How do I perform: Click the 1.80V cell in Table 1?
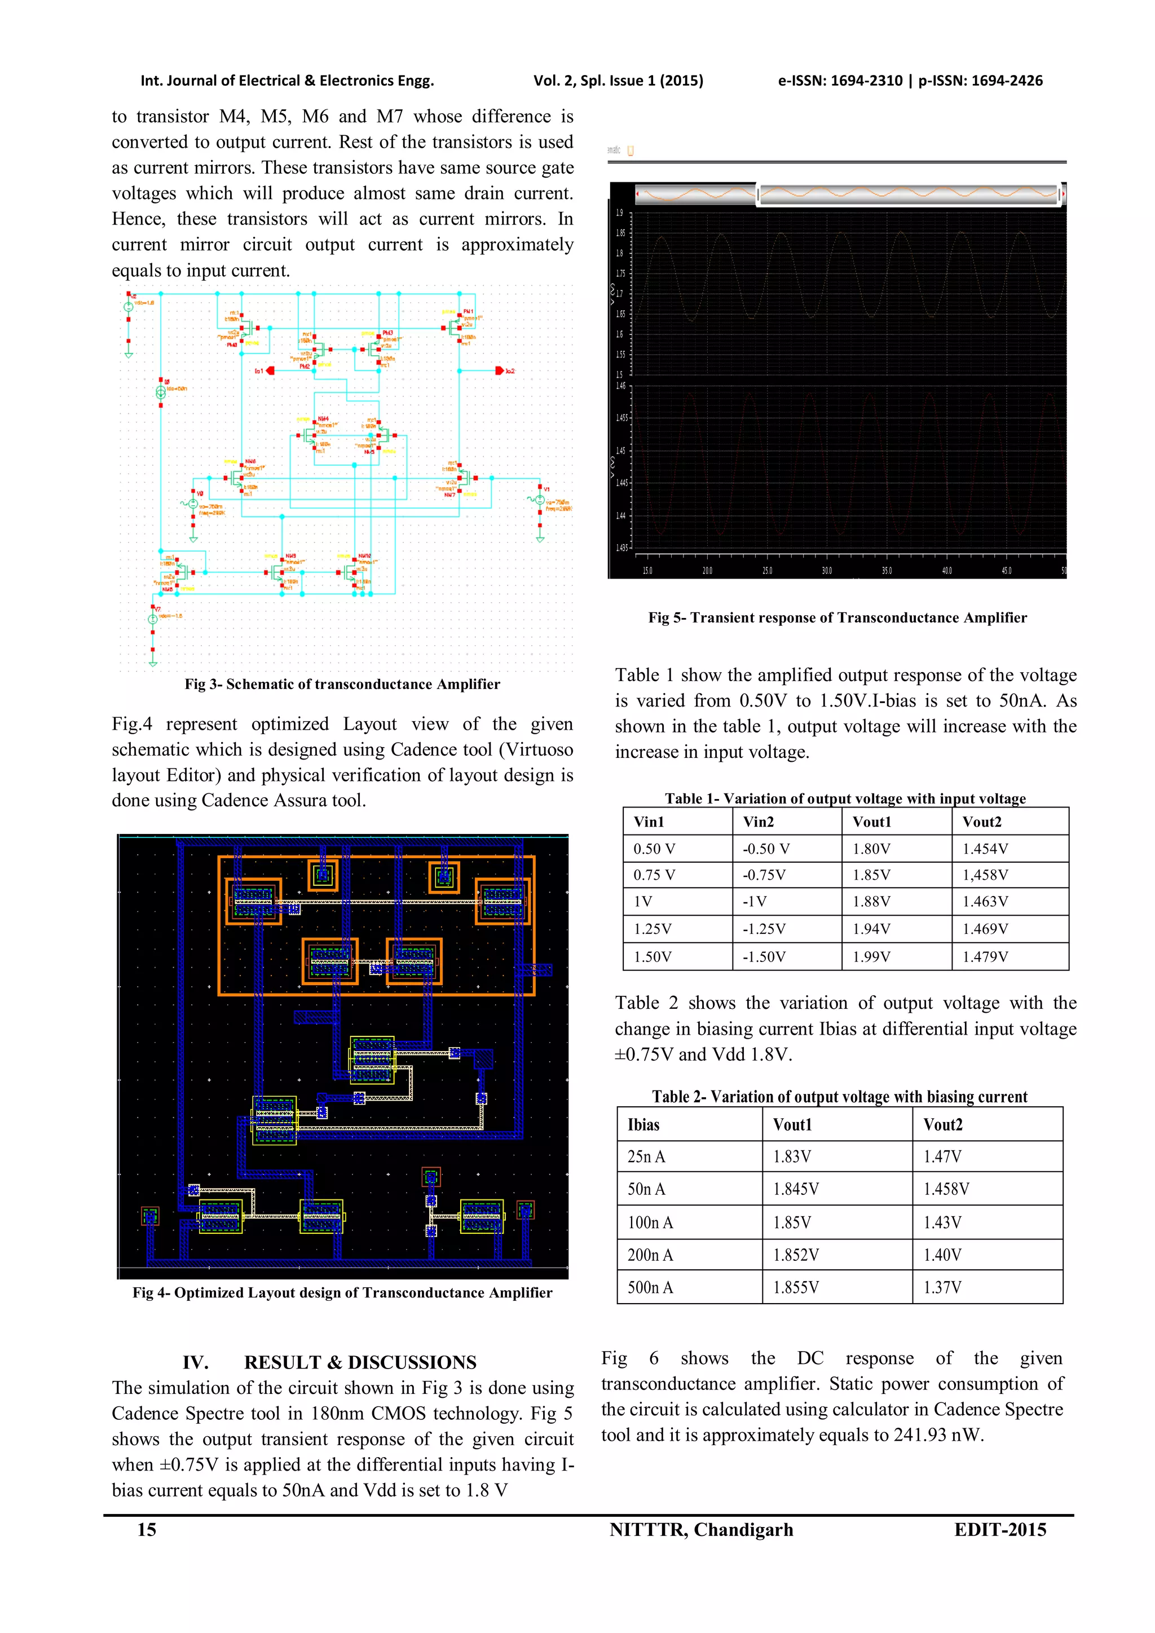pyautogui.click(x=871, y=849)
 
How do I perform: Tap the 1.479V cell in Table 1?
pyautogui.click(x=985, y=956)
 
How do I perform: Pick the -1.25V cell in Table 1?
pyautogui.click(x=764, y=929)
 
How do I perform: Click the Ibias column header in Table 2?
pyautogui.click(x=643, y=1124)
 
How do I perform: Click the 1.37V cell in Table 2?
pyautogui.click(x=942, y=1287)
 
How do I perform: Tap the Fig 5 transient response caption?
pyautogui.click(x=837, y=617)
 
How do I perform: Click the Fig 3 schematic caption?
pyautogui.click(x=342, y=684)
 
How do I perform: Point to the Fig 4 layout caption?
pyautogui.click(x=342, y=1292)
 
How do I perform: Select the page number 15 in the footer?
pyautogui.click(x=147, y=1530)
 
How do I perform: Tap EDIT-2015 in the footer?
pyautogui.click(x=1000, y=1530)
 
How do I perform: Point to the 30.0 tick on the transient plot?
pyautogui.click(x=826, y=571)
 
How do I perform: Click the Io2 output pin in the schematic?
pyautogui.click(x=501, y=370)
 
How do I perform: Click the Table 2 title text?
pyautogui.click(x=839, y=1096)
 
